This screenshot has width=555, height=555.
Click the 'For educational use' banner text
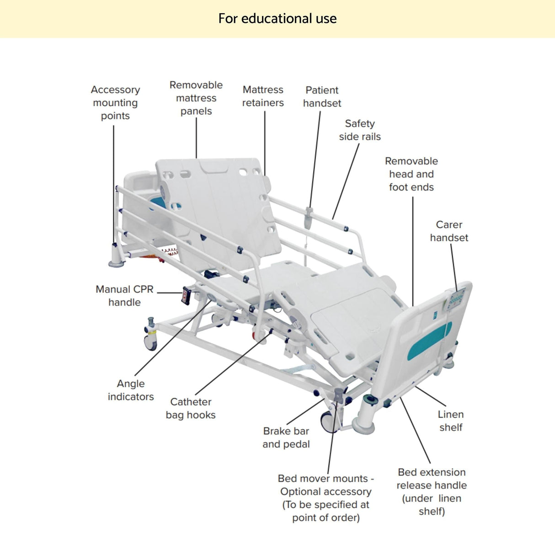[x=277, y=19]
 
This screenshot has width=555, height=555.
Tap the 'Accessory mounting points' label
[x=115, y=103]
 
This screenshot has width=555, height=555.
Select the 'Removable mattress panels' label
[x=196, y=98]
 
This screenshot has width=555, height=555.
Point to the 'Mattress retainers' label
[x=263, y=96]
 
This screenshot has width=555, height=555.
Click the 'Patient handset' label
[x=322, y=97]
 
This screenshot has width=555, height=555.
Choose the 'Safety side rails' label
[x=360, y=130]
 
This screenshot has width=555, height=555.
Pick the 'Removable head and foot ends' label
[x=411, y=174]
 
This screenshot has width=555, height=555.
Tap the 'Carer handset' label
[x=449, y=231]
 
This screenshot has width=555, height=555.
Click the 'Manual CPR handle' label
[x=124, y=296]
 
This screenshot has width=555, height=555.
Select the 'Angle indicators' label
[x=131, y=390]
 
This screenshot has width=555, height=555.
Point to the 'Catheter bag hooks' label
[x=191, y=408]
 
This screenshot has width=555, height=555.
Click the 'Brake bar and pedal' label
[x=286, y=438]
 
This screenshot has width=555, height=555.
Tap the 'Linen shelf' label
[x=451, y=421]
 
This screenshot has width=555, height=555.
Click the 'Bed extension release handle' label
[x=432, y=491]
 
